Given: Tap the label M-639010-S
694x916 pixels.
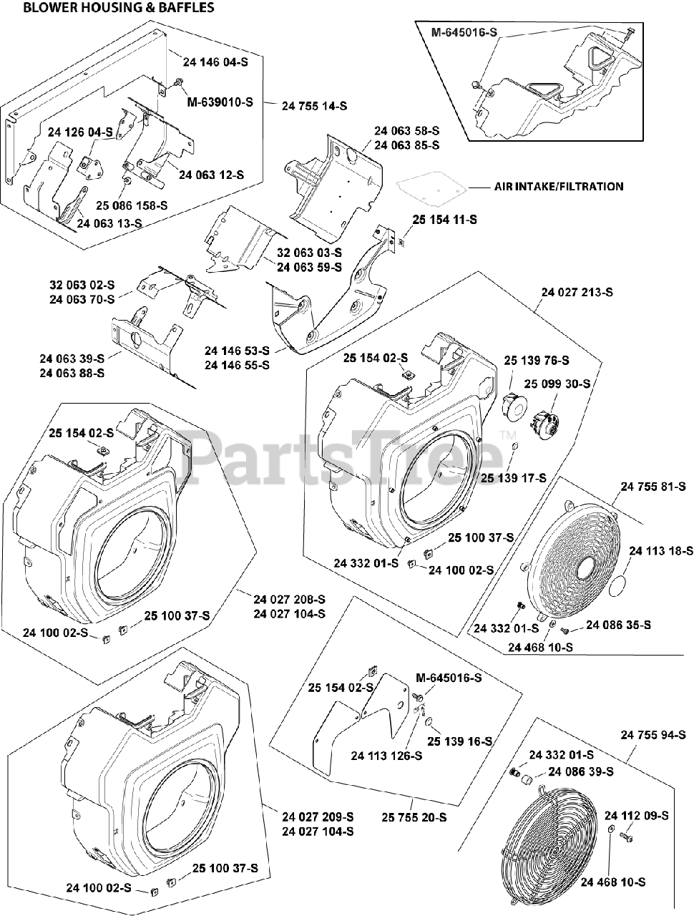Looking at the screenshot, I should tap(220, 102).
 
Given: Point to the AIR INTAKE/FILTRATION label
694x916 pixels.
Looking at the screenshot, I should tap(558, 186).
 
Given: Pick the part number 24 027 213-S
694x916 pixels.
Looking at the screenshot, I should tap(577, 292).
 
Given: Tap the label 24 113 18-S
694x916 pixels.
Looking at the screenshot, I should tap(660, 550).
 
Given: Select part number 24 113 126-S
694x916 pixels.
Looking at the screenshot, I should tap(386, 755).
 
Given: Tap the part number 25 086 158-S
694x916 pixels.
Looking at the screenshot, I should tap(132, 205).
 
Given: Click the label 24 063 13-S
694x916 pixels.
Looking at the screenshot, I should tap(109, 223).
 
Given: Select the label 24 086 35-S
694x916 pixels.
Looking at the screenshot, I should tap(618, 625).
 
